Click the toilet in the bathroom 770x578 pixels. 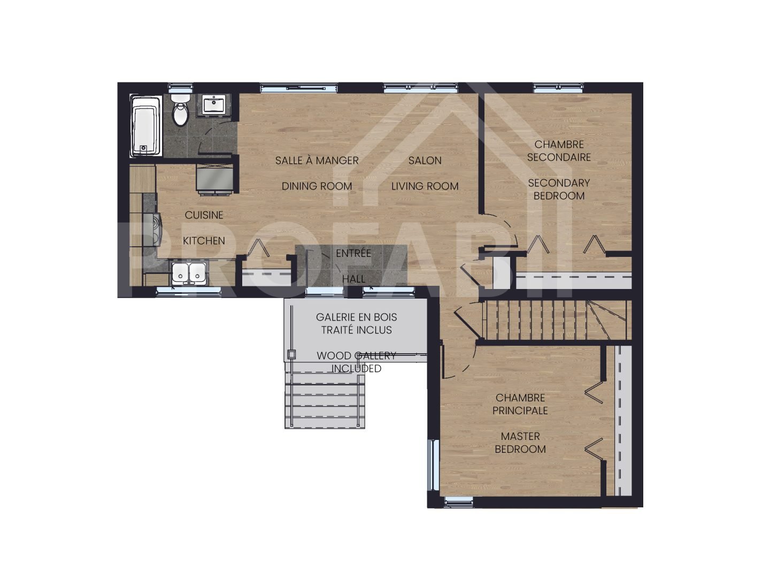tap(181, 111)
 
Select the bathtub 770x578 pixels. tap(146, 126)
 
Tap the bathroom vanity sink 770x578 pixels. tap(215, 104)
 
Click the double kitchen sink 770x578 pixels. tap(189, 273)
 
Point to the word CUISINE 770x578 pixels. tap(204, 215)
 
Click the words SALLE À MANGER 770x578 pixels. tap(317, 161)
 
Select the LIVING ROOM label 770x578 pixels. tap(425, 186)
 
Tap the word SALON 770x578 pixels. tap(425, 161)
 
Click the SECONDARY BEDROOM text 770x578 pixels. tap(559, 189)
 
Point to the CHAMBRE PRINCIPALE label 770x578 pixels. tap(520, 404)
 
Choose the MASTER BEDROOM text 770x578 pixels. tap(520, 443)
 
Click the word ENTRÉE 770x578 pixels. tap(353, 253)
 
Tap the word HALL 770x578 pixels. tap(353, 279)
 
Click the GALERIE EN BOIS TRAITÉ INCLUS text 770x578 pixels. tap(356, 324)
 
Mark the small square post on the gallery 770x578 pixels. tap(291, 354)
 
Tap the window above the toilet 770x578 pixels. tap(180, 87)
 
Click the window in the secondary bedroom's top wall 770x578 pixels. tap(558, 86)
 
